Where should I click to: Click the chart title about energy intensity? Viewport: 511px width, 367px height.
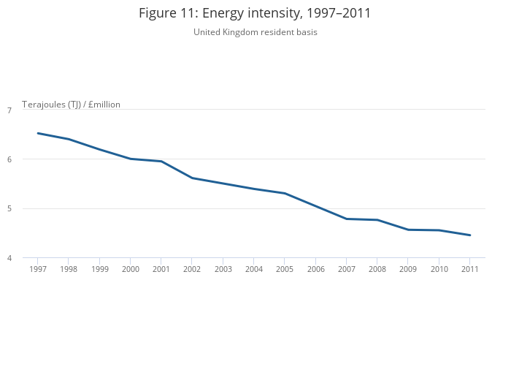[255, 13]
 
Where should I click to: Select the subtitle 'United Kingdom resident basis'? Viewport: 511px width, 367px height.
[255, 32]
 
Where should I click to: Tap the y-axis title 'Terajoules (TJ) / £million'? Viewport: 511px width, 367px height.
[71, 105]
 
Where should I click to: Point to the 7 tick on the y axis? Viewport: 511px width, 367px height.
[9, 110]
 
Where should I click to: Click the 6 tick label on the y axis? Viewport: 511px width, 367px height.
[9, 159]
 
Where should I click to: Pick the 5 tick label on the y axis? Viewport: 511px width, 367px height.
[9, 209]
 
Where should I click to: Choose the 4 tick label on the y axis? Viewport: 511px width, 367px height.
[9, 258]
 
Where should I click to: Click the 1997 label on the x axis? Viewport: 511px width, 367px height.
[37, 269]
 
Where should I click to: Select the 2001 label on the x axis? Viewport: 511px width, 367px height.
[161, 269]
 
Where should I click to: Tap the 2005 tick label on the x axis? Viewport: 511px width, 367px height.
[285, 269]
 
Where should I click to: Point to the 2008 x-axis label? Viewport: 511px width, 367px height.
[377, 269]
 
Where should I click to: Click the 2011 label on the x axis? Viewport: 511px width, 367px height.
[470, 269]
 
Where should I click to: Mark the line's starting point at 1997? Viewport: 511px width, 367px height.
[37, 133]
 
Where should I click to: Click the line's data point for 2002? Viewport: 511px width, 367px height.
[192, 178]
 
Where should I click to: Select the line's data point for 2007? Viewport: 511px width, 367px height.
[347, 219]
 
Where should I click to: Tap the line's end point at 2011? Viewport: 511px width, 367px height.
[470, 235]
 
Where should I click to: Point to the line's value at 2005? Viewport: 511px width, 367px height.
[285, 193]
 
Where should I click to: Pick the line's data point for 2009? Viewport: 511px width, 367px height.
[408, 230]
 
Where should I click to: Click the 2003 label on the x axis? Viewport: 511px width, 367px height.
[223, 269]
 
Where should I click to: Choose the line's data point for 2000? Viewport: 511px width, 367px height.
[130, 159]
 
